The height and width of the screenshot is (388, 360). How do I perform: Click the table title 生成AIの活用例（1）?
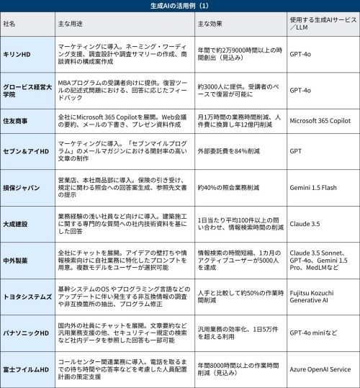[180, 6]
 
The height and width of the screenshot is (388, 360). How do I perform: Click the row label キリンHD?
[17, 53]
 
